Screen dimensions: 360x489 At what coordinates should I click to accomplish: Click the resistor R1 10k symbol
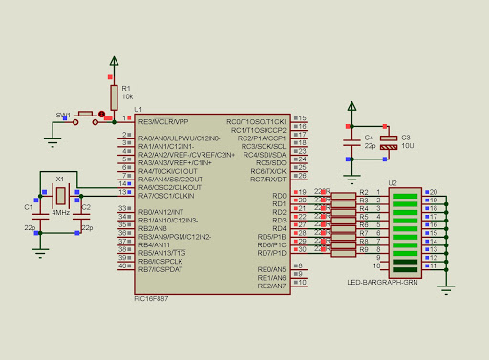point(114,95)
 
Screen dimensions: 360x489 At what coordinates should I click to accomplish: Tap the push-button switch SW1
point(84,116)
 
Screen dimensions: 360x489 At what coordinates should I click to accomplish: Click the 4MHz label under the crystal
point(59,212)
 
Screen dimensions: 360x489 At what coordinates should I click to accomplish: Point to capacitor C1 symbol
point(39,215)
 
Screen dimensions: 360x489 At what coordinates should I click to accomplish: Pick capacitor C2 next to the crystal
point(79,215)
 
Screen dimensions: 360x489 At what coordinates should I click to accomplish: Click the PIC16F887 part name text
point(153,297)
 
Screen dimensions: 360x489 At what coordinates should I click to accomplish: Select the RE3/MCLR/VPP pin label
point(163,122)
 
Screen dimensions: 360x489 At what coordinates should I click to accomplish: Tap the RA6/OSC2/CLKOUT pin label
point(170,187)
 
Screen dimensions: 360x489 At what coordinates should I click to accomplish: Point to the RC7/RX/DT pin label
point(268,179)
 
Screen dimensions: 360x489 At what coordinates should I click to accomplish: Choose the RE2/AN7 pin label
point(271,286)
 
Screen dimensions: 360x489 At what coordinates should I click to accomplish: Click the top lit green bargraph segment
point(406,193)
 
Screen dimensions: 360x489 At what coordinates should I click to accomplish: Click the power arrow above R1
point(114,65)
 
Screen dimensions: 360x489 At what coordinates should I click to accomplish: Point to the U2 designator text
point(393,182)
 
